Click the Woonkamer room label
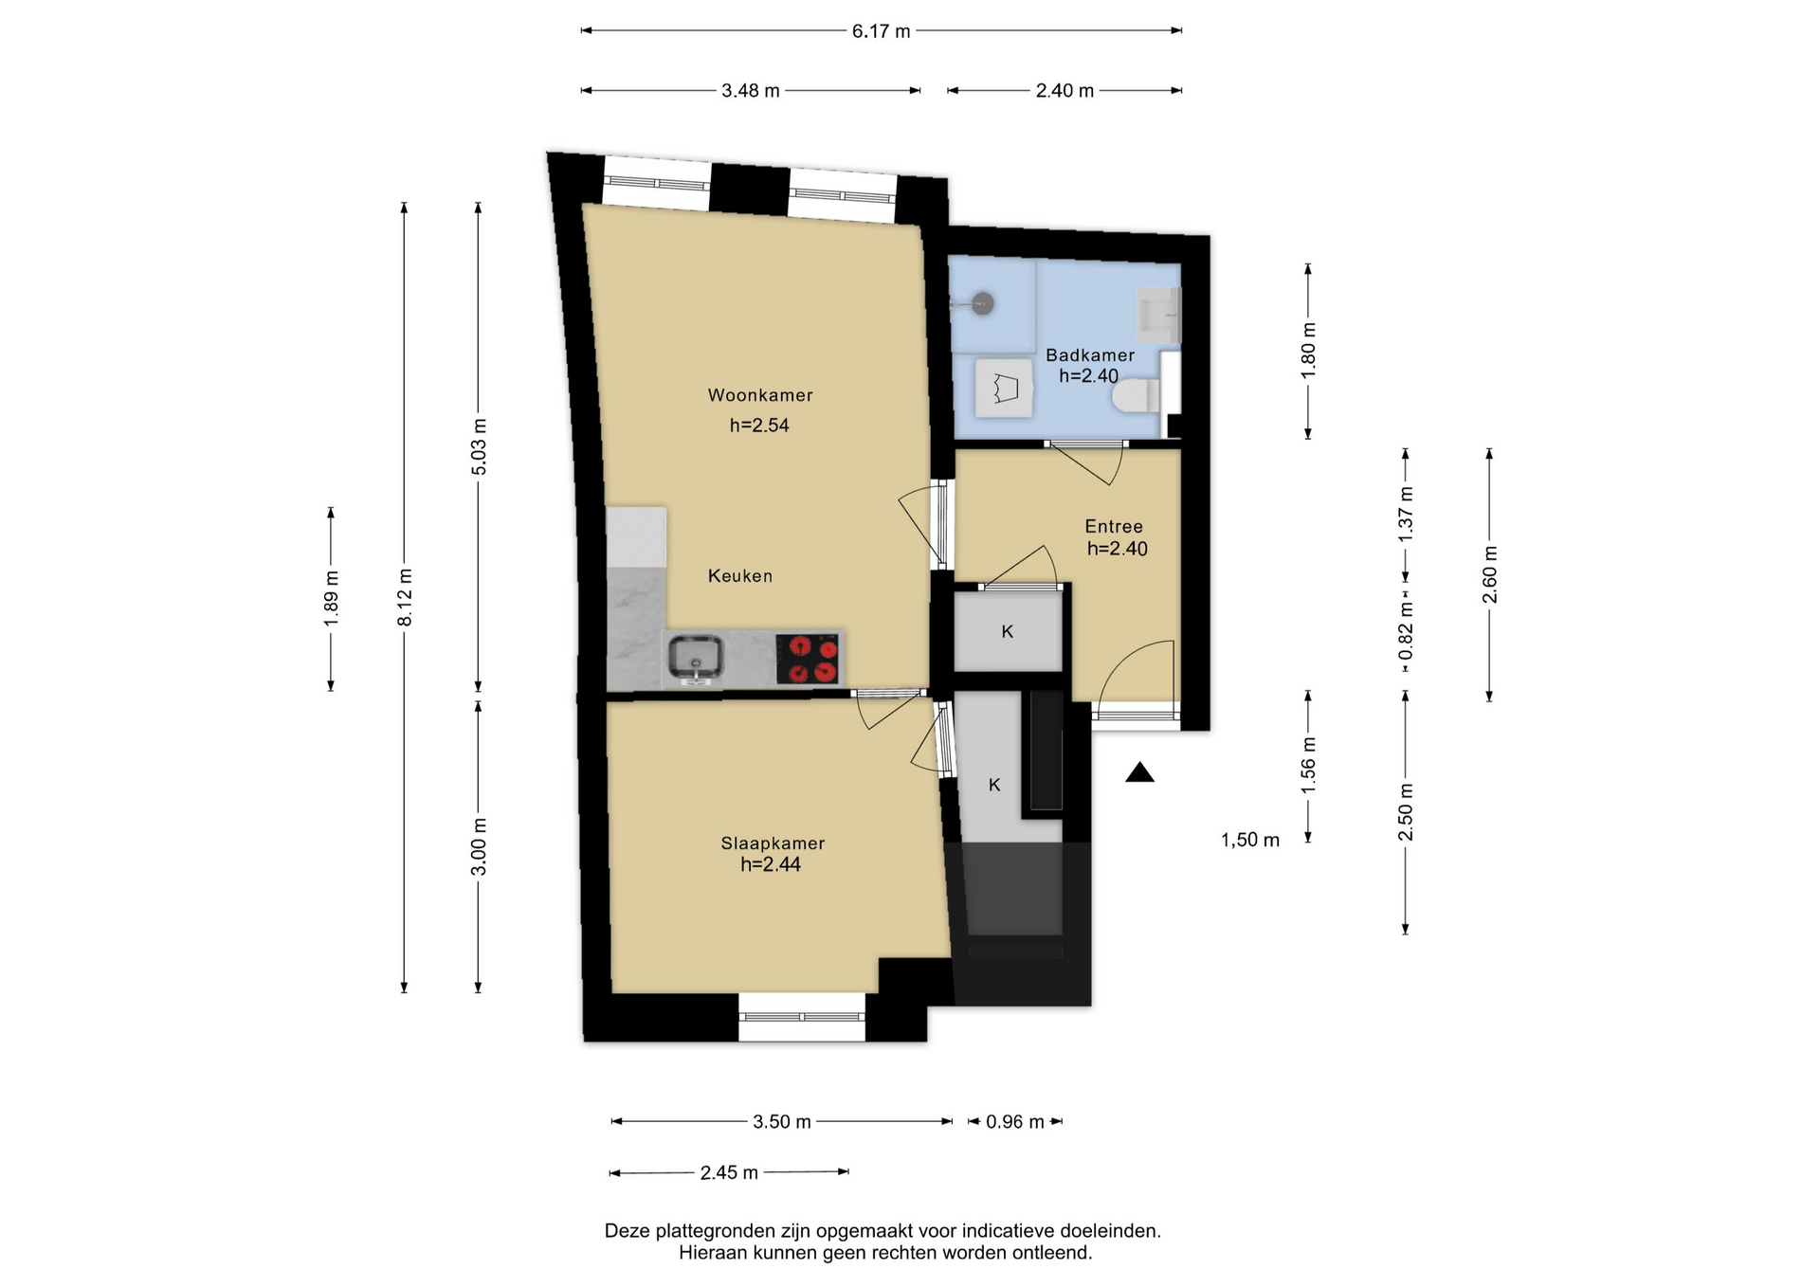click(x=760, y=395)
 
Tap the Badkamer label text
click(x=1090, y=355)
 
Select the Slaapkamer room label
click(x=773, y=843)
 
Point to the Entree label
click(x=1114, y=526)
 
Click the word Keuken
click(x=740, y=576)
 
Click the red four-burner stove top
click(x=808, y=659)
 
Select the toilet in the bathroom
click(x=1137, y=395)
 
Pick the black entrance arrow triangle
click(x=1139, y=772)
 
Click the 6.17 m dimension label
click(x=881, y=31)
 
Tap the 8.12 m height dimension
click(x=405, y=597)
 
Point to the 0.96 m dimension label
click(x=1014, y=1122)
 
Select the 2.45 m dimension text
click(x=729, y=1173)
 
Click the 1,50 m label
click(x=1250, y=840)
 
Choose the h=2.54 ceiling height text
click(x=759, y=426)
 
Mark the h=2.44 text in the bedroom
click(x=771, y=864)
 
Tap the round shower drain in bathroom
click(x=983, y=304)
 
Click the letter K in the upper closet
click(x=1008, y=631)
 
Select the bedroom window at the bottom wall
click(x=802, y=1017)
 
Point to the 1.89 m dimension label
click(x=331, y=599)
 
